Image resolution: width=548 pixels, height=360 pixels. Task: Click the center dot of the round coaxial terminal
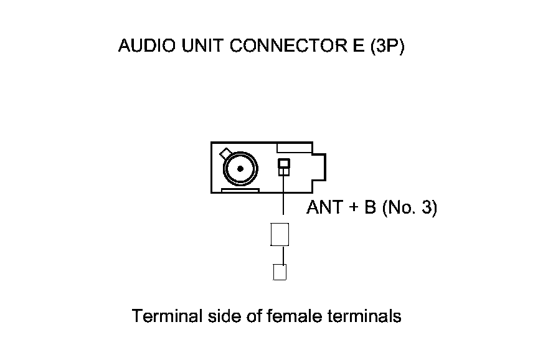pos(239,168)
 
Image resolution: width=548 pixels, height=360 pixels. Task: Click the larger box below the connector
pos(280,234)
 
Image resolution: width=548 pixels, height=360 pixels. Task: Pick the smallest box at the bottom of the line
pos(280,273)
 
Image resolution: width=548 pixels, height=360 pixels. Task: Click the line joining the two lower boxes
pos(283,255)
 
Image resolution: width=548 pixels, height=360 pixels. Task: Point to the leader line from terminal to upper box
pos(284,199)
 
